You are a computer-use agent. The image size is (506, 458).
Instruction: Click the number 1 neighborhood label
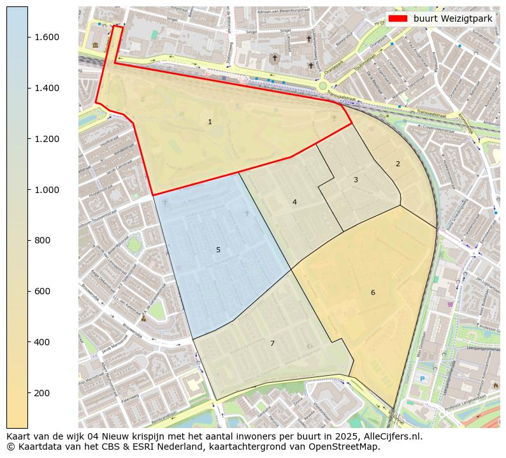click(210, 122)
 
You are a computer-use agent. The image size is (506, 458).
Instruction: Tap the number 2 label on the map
click(398, 164)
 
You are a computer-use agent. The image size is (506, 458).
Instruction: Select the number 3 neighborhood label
click(356, 180)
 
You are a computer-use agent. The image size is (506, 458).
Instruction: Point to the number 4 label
click(294, 202)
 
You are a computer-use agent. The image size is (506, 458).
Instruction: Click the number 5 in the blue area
click(218, 250)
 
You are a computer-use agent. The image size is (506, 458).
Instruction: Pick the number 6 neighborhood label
click(373, 292)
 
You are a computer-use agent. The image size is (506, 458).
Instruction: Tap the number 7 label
click(272, 343)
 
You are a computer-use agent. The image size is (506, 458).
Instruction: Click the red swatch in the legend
click(397, 18)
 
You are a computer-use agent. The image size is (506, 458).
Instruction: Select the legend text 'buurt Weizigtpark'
click(452, 18)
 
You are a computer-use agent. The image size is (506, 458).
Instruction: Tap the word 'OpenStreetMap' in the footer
click(347, 447)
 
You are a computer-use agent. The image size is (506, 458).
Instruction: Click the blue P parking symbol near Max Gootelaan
click(421, 378)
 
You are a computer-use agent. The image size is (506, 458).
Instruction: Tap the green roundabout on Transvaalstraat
click(322, 86)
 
